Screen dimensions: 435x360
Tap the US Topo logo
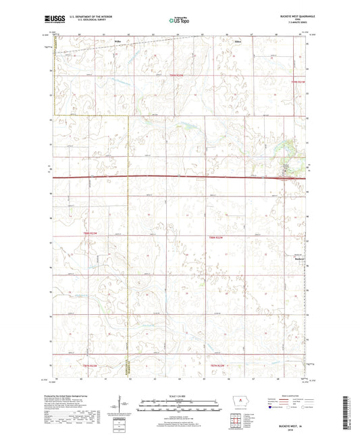[179, 20]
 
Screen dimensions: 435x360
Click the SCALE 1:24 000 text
[180, 396]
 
